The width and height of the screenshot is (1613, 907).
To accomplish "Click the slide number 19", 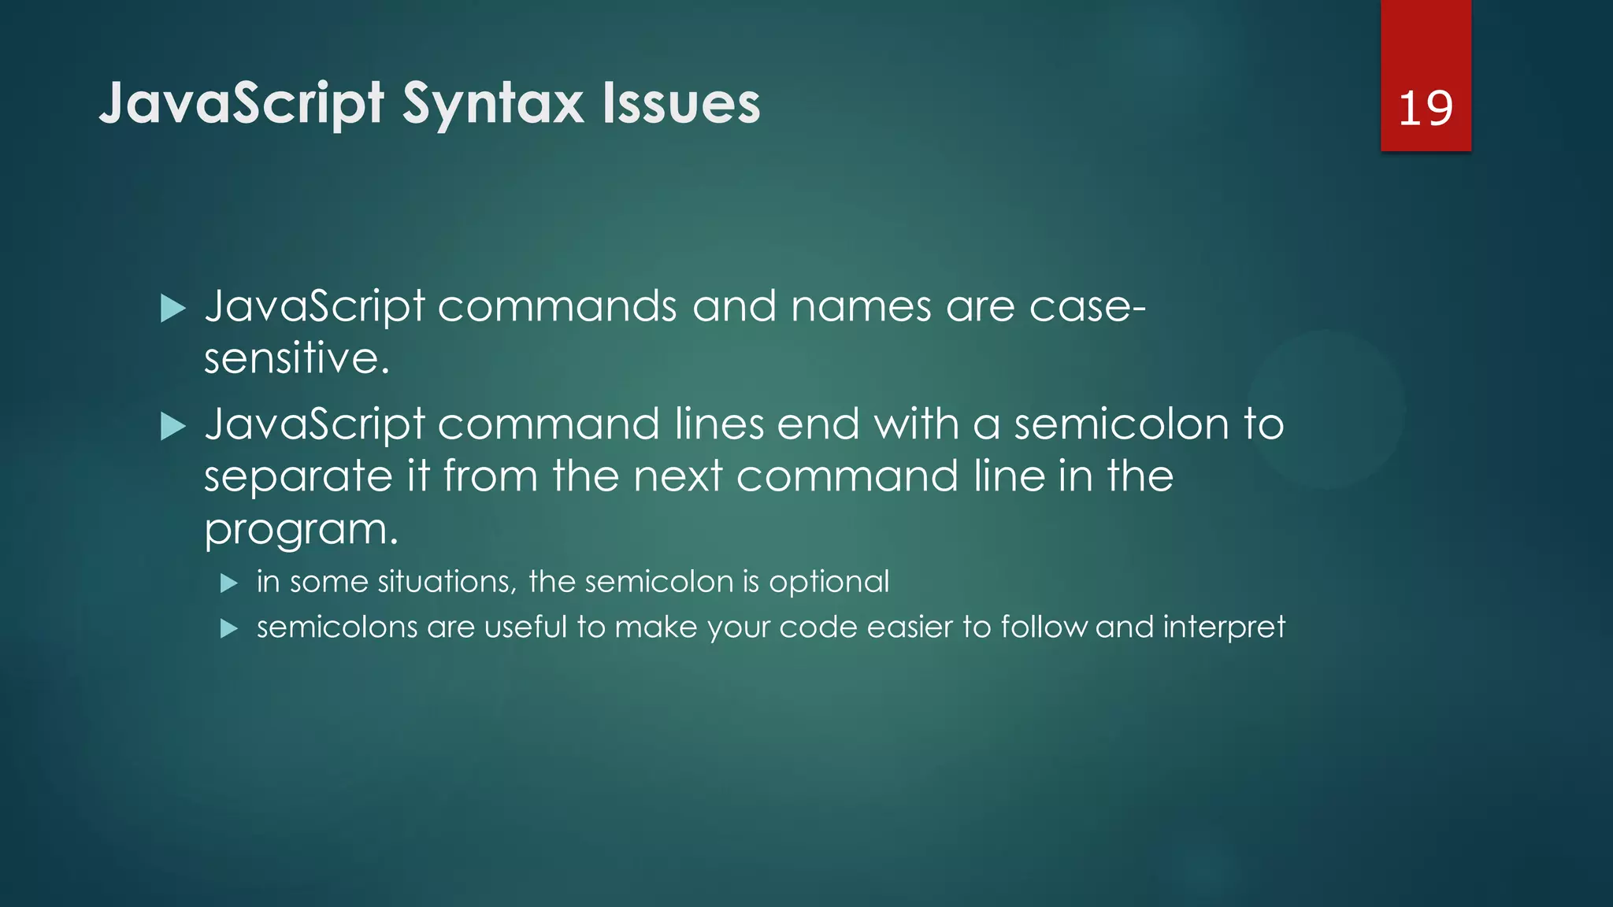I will click(1425, 108).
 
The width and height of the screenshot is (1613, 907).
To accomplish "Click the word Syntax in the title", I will click(494, 104).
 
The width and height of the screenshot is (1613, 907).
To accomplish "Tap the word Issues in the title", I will click(681, 104).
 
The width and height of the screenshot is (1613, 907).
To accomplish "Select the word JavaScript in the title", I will click(242, 104).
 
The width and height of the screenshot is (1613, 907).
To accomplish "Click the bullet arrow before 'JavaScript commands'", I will click(172, 309).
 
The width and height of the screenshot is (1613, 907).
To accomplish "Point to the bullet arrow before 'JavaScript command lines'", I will click(172, 427).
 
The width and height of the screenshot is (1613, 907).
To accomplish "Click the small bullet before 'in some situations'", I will click(228, 583).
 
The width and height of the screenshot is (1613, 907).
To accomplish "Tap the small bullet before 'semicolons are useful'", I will click(228, 628).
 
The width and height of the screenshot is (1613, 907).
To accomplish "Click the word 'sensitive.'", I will click(297, 358).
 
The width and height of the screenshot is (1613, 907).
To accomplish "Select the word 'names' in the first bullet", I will click(861, 306).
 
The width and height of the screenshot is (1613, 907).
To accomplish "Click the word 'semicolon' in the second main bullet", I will click(1122, 424).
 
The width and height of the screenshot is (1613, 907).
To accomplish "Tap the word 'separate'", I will click(298, 478).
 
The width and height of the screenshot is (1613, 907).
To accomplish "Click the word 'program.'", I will click(302, 530).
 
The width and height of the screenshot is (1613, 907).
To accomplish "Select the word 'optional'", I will click(829, 583).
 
